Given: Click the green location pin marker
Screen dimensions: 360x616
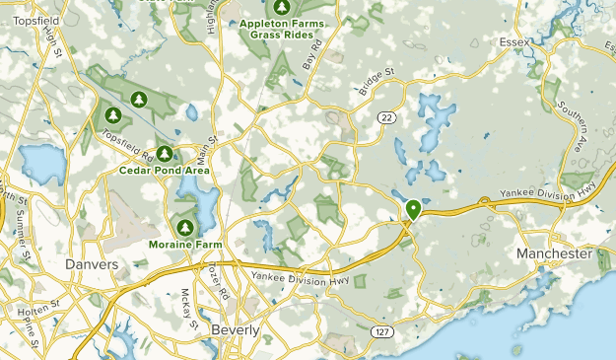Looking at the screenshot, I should pyautogui.click(x=414, y=209).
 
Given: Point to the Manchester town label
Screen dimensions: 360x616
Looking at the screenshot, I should pyautogui.click(x=555, y=253).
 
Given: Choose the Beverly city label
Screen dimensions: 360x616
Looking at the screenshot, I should pyautogui.click(x=236, y=329).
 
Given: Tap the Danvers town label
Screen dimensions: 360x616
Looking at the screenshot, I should pyautogui.click(x=92, y=264).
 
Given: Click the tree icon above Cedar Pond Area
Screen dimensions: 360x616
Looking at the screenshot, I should pyautogui.click(x=165, y=154).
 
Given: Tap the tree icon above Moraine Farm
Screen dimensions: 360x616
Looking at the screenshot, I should pyautogui.click(x=182, y=227).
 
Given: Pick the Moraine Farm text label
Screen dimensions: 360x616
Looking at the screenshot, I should pyautogui.click(x=184, y=244).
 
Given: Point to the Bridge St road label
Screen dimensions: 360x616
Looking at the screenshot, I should pyautogui.click(x=376, y=81).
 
